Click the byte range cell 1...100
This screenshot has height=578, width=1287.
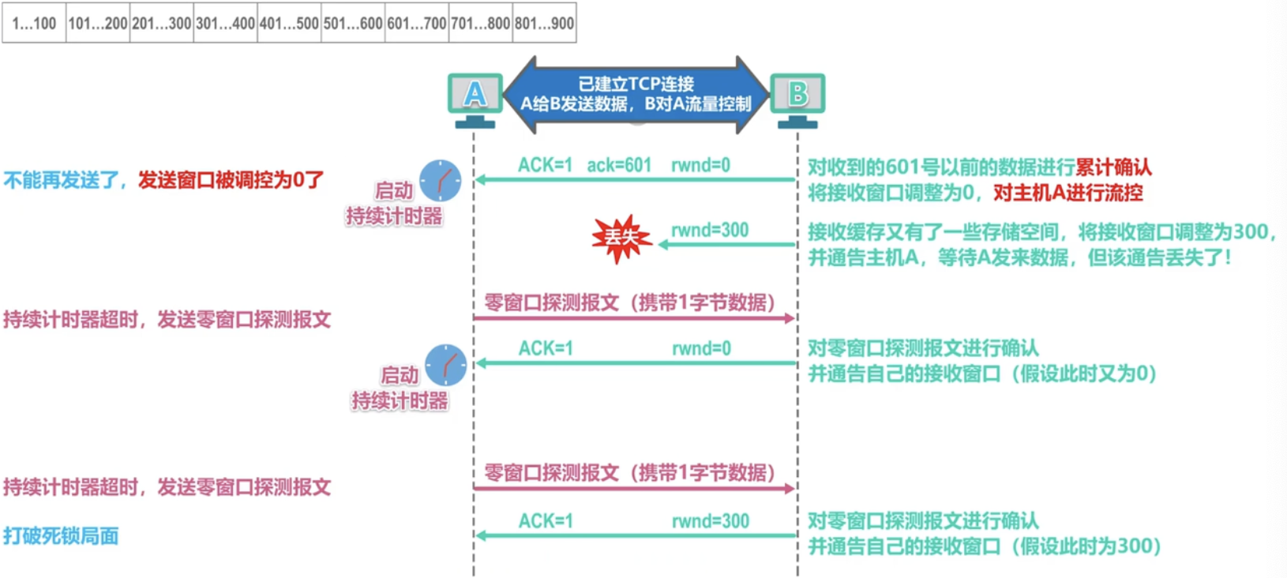coord(34,23)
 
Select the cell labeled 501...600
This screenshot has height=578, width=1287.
coord(353,23)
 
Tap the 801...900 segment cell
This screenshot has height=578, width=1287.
coord(544,23)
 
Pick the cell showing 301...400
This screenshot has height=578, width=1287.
coord(225,23)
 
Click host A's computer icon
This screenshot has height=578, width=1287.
coord(475,99)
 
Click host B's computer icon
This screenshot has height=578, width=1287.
coord(797,99)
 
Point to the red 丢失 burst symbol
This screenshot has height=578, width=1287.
coord(621,237)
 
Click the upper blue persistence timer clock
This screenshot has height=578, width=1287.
coord(440,180)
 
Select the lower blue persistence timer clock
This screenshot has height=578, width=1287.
coord(445,365)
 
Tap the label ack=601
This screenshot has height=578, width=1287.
coord(619,165)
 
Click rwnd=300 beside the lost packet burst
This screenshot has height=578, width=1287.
coord(710,230)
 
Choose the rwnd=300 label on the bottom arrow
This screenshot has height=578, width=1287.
coord(710,521)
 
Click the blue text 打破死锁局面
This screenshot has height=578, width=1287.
coord(61,536)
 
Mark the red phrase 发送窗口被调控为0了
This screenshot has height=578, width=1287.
coord(231,180)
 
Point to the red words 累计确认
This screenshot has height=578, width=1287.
coord(1113,167)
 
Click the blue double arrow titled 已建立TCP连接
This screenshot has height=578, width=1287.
coord(636,94)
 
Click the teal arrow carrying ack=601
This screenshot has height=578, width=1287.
coord(636,180)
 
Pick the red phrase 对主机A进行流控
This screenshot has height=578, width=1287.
coord(1067,193)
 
